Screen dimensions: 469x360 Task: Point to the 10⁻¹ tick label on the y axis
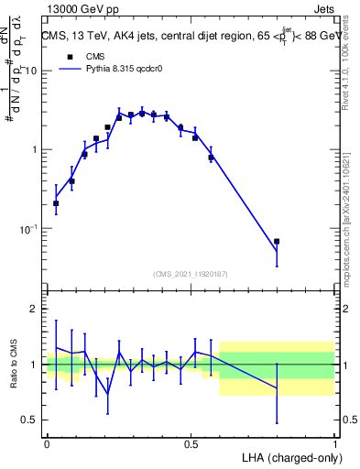coord(27,229)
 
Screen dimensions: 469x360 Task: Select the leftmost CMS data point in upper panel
coord(56,203)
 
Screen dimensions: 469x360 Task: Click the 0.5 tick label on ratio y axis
coord(29,420)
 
